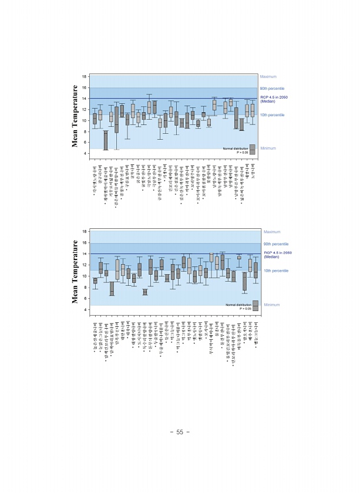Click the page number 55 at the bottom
(x=180, y=432)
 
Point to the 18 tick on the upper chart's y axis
(x=84, y=77)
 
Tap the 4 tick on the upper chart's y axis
(x=85, y=153)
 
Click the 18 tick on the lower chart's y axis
(x=84, y=232)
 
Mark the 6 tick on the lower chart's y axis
(x=85, y=298)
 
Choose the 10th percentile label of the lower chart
(x=276, y=271)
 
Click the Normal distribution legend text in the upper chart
(x=235, y=148)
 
